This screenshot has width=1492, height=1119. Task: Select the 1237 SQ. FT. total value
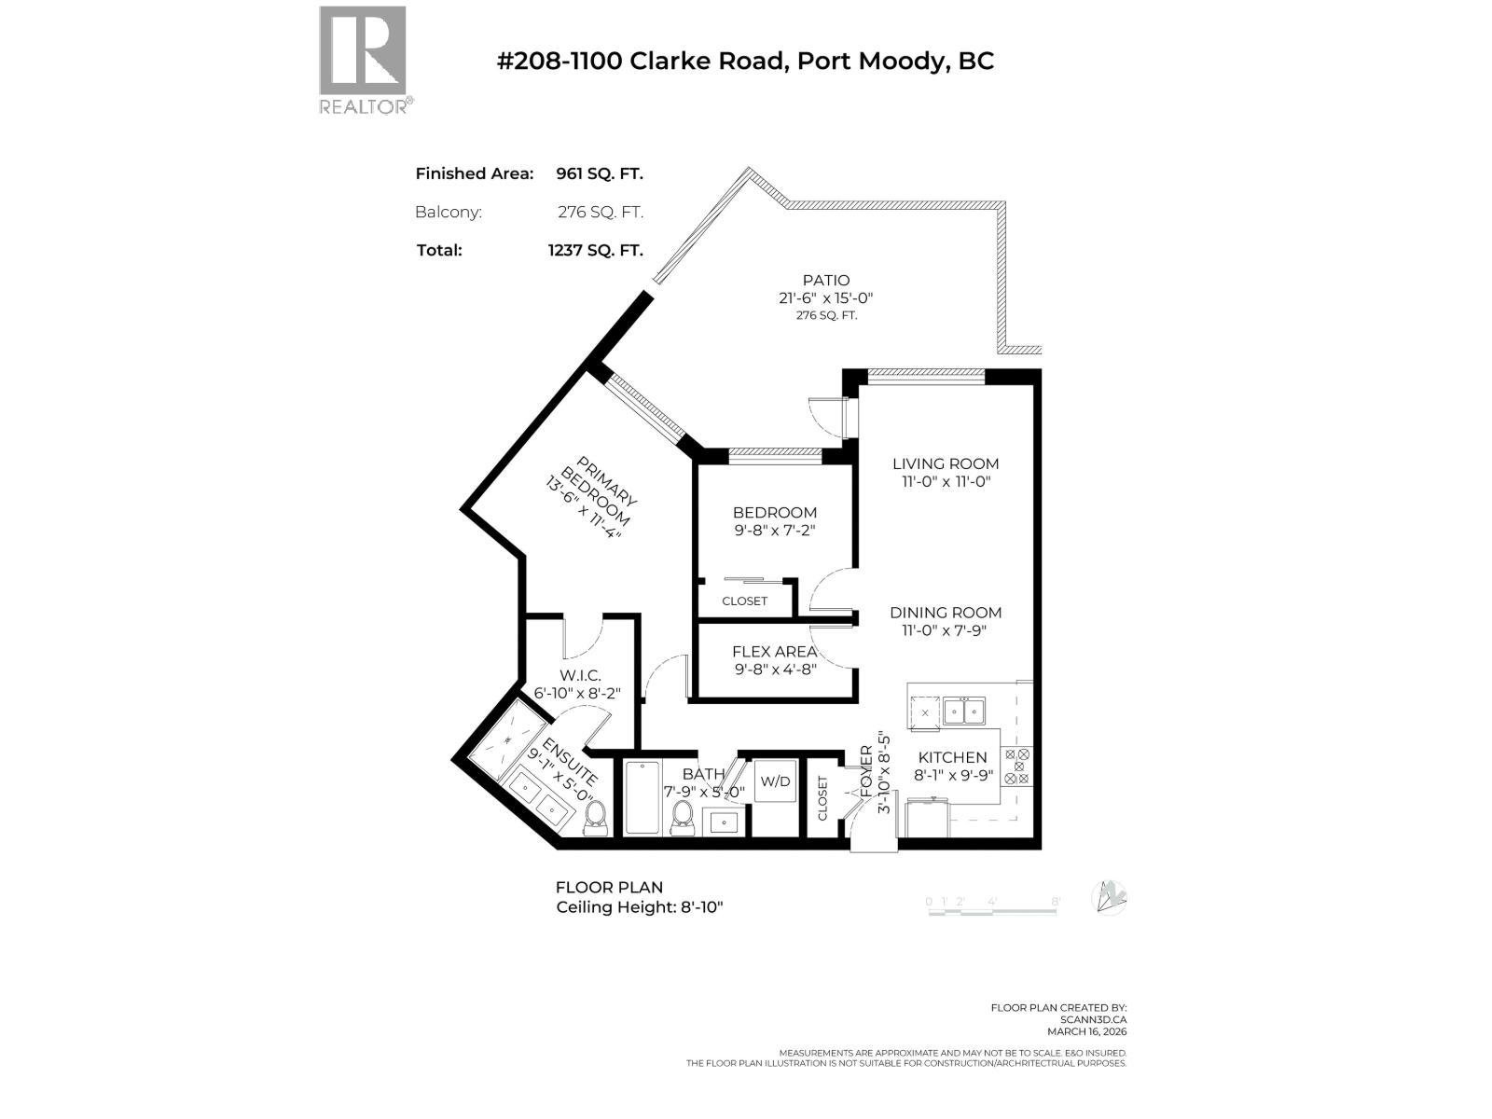595,250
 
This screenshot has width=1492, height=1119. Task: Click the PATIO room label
826,280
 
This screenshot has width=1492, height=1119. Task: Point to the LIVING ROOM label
945,463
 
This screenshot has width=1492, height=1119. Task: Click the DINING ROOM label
945,613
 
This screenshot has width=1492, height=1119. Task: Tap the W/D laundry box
775,781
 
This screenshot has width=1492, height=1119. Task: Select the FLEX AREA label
774,652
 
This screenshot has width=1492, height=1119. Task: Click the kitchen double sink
963,711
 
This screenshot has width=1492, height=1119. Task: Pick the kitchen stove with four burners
1017,766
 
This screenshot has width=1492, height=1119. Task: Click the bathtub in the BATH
642,798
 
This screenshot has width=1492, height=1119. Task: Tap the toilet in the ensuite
596,820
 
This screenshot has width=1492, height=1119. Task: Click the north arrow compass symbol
1109,897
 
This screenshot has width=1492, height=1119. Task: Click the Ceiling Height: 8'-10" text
639,906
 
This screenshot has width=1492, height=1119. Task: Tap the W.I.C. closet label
580,675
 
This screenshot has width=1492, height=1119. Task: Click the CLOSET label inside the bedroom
744,601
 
